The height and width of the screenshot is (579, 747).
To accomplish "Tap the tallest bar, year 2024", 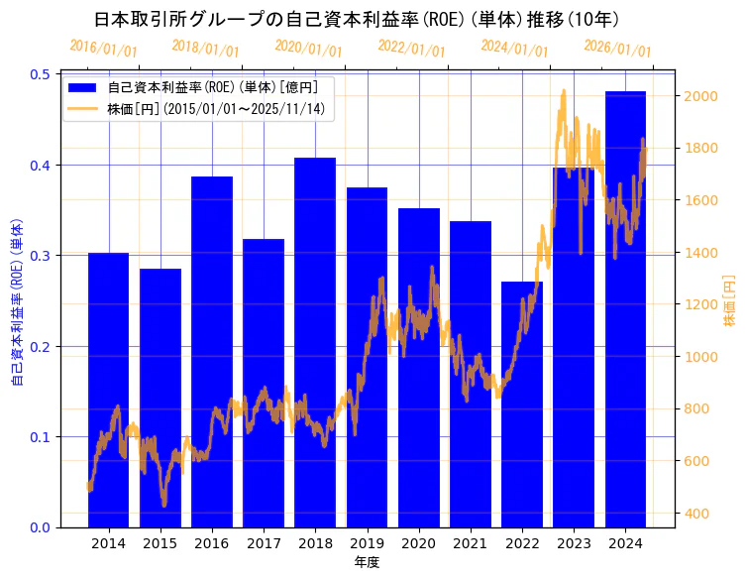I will tap(625, 308).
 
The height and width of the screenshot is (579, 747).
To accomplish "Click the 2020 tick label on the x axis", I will tap(418, 543).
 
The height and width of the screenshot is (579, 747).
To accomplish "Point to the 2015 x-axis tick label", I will tap(160, 543).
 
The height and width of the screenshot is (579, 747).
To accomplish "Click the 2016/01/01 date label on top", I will tap(104, 49).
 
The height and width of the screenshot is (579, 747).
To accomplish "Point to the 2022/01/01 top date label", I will tap(412, 49).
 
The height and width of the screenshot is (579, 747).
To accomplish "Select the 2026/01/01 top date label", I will tap(618, 49).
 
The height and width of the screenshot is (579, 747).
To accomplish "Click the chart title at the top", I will tap(357, 19).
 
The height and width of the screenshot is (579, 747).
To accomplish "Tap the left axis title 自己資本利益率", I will tap(17, 298).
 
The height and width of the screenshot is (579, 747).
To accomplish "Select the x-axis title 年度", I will tap(367, 562).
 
